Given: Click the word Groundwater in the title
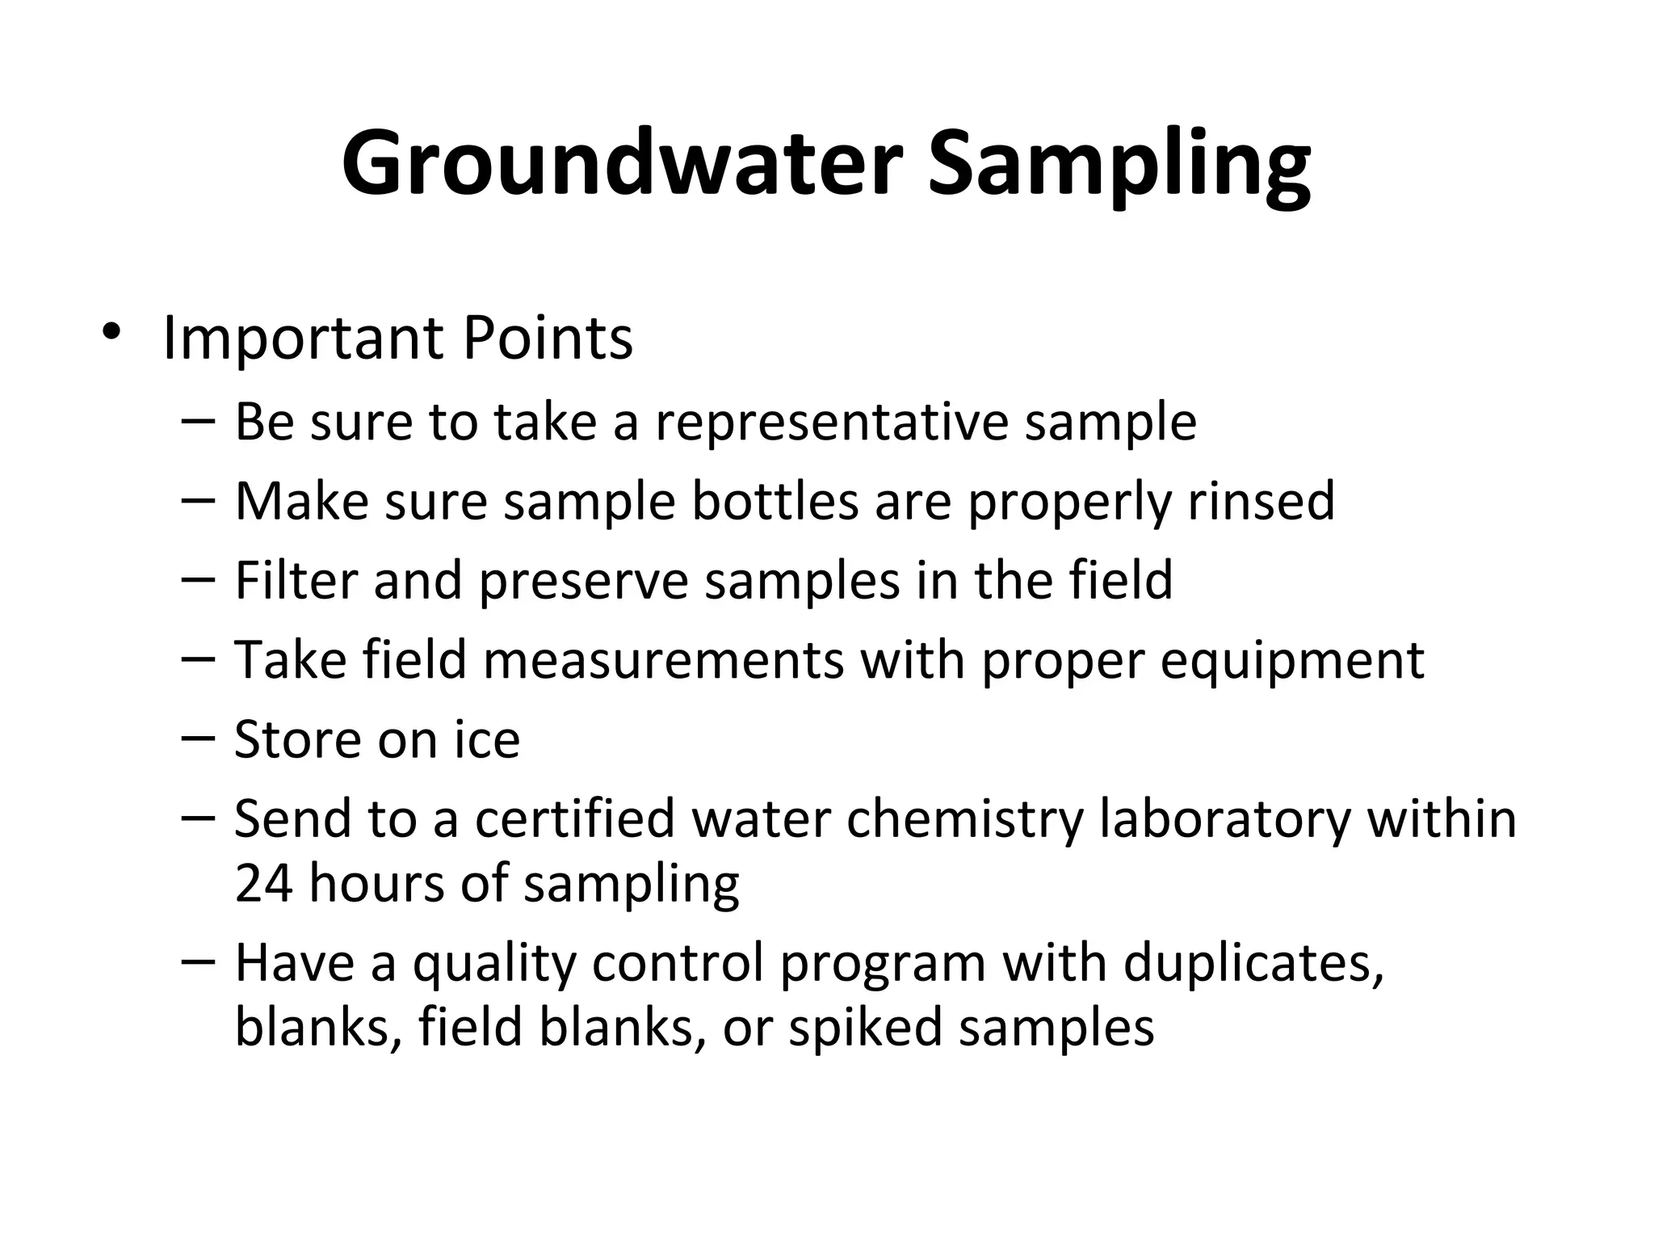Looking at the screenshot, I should [620, 165].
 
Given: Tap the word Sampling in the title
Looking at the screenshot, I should [1119, 165].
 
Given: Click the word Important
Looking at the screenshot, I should [303, 339].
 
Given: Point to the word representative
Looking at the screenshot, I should [832, 422].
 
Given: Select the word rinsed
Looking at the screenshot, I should [1261, 501].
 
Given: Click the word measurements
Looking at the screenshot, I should [663, 659].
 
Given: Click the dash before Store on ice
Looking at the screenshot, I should [199, 737].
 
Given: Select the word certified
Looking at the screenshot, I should [574, 818].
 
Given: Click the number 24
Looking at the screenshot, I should [263, 882].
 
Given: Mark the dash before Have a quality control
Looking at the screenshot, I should [199, 961].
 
